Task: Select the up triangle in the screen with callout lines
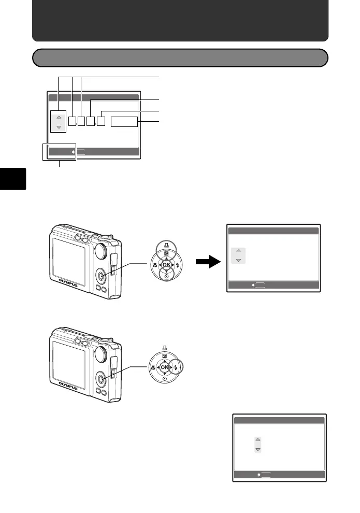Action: tap(59, 117)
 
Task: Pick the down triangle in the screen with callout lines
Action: tap(59, 127)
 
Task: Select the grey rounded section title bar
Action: tap(180, 58)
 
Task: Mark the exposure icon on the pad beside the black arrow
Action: tap(166, 254)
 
